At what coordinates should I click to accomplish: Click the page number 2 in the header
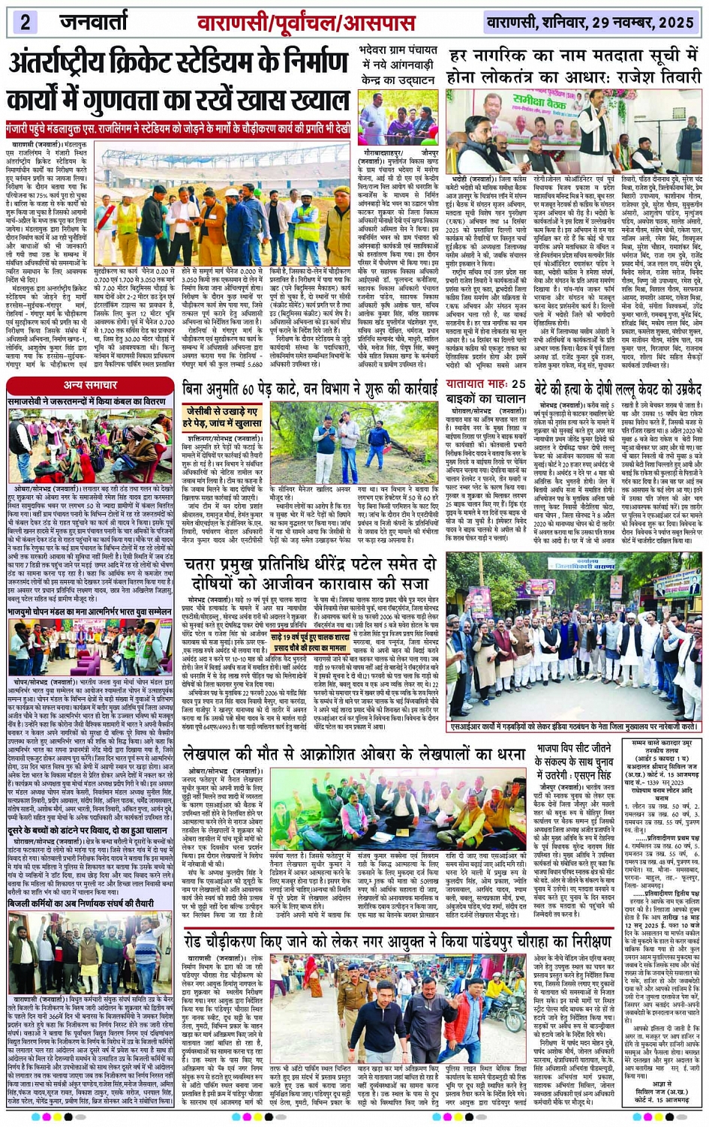(25, 21)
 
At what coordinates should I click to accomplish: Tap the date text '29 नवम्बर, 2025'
(638, 23)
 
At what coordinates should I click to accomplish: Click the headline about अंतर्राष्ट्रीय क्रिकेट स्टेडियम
(178, 81)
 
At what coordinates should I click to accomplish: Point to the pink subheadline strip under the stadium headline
(178, 128)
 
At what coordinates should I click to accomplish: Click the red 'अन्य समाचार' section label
(90, 385)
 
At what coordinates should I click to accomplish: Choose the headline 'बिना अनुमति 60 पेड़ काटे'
(310, 389)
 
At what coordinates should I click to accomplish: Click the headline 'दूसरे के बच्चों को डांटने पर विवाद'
(88, 831)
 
